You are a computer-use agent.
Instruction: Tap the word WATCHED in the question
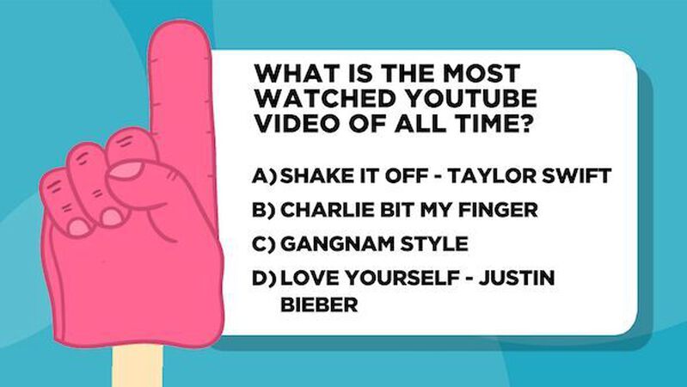click(x=314, y=96)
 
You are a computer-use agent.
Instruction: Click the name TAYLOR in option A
click(x=494, y=176)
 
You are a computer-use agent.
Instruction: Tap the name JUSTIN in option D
click(x=517, y=278)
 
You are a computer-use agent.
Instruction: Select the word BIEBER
click(x=319, y=304)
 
